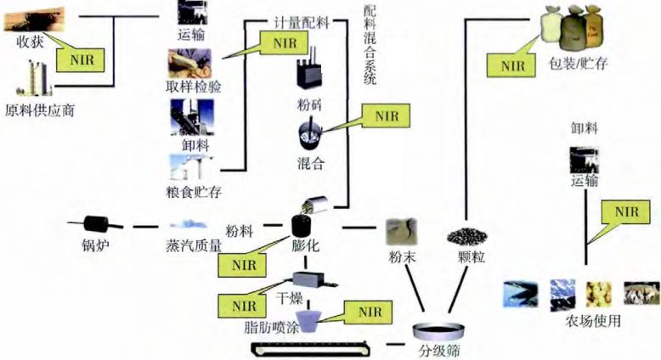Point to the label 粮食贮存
click(x=195, y=192)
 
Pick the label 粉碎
click(x=309, y=106)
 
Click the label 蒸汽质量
click(x=193, y=246)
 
